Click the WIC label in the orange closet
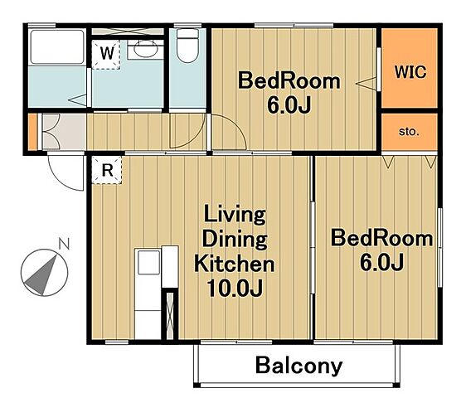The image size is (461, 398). [x=410, y=72]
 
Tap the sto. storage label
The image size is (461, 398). [x=409, y=132]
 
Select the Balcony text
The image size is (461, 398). [x=299, y=366]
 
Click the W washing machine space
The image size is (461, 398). [x=106, y=55]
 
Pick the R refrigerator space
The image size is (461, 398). [x=107, y=171]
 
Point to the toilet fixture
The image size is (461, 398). [x=188, y=46]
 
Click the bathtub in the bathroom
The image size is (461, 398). [x=57, y=47]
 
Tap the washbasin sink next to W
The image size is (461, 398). [x=146, y=50]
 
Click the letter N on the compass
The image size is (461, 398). [x=65, y=244]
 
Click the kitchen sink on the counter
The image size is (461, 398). [x=148, y=262]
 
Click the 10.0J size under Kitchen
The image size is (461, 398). [x=235, y=289]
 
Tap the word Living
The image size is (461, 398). [x=235, y=215]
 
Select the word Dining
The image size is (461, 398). [x=235, y=240]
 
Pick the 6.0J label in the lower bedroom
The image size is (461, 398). [x=381, y=262]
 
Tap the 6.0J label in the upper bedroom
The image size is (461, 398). [x=289, y=105]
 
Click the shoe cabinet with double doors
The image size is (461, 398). [x=51, y=131]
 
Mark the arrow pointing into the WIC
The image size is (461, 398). [x=366, y=84]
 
